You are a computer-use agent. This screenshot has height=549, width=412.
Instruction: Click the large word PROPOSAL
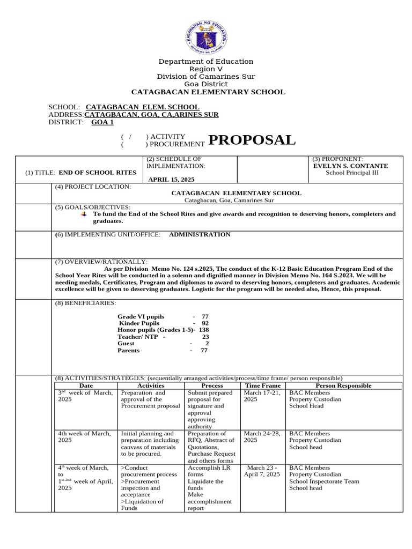pos(252,140)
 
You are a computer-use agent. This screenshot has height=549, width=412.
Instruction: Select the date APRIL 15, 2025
pos(171,179)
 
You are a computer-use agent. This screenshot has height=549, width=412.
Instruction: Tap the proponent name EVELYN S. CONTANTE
pos(350,166)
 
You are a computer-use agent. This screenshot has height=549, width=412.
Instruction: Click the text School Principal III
pos(350,173)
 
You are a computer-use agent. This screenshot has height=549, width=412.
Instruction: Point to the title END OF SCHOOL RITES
pos(97,173)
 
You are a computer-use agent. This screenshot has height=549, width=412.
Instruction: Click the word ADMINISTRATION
pos(200,234)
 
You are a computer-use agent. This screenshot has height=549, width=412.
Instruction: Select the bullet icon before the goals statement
pos(83,214)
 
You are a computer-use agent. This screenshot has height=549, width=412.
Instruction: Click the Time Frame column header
pos(263,385)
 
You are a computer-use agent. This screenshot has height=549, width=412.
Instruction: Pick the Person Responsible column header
pos(343,385)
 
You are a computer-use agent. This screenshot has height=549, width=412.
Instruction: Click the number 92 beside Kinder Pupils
pos(205,323)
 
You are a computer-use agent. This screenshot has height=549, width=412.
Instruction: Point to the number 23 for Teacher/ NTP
pos(205,337)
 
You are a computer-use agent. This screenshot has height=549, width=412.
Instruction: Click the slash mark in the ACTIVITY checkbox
pos(129,137)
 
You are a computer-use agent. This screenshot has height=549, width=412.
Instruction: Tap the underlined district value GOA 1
pos(102,122)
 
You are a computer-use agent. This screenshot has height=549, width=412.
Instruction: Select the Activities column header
pos(151,385)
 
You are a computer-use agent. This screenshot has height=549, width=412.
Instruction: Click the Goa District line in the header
pos(206,84)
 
